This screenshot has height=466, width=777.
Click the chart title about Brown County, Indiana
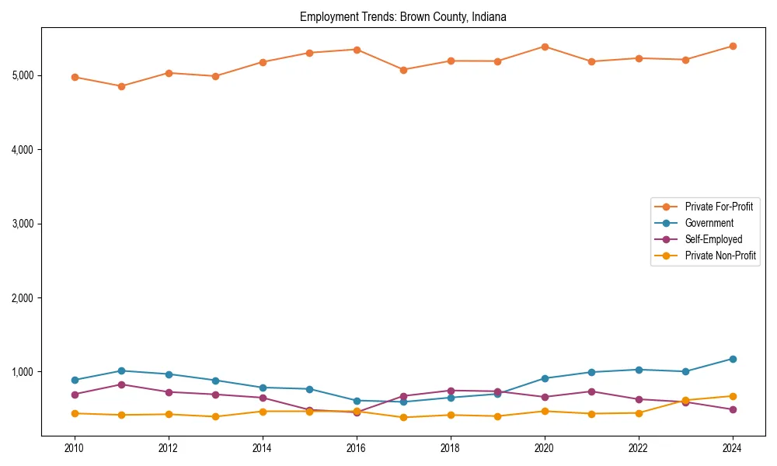pos(402,17)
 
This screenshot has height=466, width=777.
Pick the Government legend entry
pos(709,223)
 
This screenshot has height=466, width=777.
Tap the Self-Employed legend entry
pos(713,239)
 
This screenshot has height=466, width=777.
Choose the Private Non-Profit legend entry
pos(720,256)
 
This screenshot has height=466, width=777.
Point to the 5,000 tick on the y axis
pos(22,75)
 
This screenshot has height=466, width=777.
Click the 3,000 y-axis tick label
pos(22,224)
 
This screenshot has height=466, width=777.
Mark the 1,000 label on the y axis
pos(22,372)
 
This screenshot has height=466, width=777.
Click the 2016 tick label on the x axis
pos(356,448)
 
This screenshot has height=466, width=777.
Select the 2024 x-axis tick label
pos(732,448)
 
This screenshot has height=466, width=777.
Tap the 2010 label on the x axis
pos(75,448)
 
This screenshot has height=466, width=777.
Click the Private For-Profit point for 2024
pos(732,46)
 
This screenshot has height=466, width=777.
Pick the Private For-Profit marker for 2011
pos(121,86)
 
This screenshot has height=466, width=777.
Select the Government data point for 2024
pos(732,359)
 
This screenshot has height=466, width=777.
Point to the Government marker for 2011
pos(121,370)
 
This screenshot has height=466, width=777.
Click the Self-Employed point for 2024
pos(732,409)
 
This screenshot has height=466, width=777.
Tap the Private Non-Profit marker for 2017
pos(403,417)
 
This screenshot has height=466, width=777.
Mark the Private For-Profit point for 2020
pos(545,47)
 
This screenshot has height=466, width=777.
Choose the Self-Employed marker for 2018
pos(450,391)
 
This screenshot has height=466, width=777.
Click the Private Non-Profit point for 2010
pos(75,413)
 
